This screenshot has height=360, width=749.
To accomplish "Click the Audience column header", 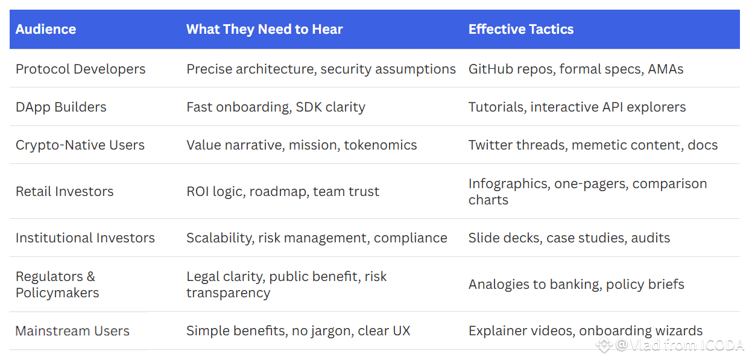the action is [x=46, y=30].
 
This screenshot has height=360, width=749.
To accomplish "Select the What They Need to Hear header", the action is [x=265, y=30].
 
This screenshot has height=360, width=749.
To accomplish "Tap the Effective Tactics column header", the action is [x=521, y=30].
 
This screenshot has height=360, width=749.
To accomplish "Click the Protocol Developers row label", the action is [x=81, y=69].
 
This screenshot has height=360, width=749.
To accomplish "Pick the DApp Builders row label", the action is [x=61, y=107].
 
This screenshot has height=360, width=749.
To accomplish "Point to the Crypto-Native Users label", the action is [x=80, y=145].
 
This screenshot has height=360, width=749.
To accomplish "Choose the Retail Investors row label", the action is [x=65, y=192].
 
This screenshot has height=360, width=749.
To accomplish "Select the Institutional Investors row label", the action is [x=85, y=238].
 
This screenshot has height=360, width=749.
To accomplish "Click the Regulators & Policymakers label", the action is [x=57, y=285].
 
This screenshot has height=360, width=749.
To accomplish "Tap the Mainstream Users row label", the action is [x=72, y=331].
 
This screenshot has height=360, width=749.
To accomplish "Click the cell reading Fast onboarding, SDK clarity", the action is [x=276, y=107].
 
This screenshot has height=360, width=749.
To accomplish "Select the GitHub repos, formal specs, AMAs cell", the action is [x=576, y=69].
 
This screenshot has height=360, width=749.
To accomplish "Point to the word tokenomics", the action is [x=381, y=145].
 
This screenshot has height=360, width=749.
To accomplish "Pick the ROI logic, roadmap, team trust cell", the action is [x=283, y=192].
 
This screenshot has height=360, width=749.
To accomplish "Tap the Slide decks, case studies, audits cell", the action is [x=569, y=238].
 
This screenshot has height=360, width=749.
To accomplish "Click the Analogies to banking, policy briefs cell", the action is [x=576, y=285].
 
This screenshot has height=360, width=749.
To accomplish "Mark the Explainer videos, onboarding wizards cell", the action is [x=586, y=331].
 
